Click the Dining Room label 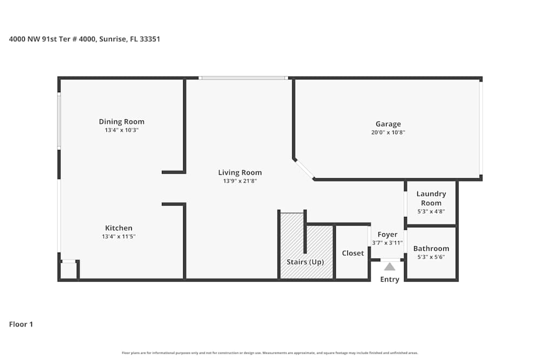click(122, 121)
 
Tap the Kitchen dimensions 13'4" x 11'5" click(119, 236)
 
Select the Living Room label click(240, 173)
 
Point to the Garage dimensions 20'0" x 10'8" click(388, 132)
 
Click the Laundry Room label click(431, 198)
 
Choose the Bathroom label click(431, 248)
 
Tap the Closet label click(353, 253)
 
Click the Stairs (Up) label click(305, 262)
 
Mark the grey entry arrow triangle click(389, 266)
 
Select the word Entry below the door click(389, 279)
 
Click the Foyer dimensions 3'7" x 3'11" click(388, 243)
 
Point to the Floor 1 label click(21, 324)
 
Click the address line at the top click(85, 39)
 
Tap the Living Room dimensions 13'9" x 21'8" click(240, 181)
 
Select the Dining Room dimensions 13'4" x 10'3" click(122, 130)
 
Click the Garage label click(388, 124)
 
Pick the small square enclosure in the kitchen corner click(68, 270)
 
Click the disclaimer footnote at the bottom click(270, 353)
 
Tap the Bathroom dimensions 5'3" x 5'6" click(431, 257)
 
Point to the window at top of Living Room click(243, 78)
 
